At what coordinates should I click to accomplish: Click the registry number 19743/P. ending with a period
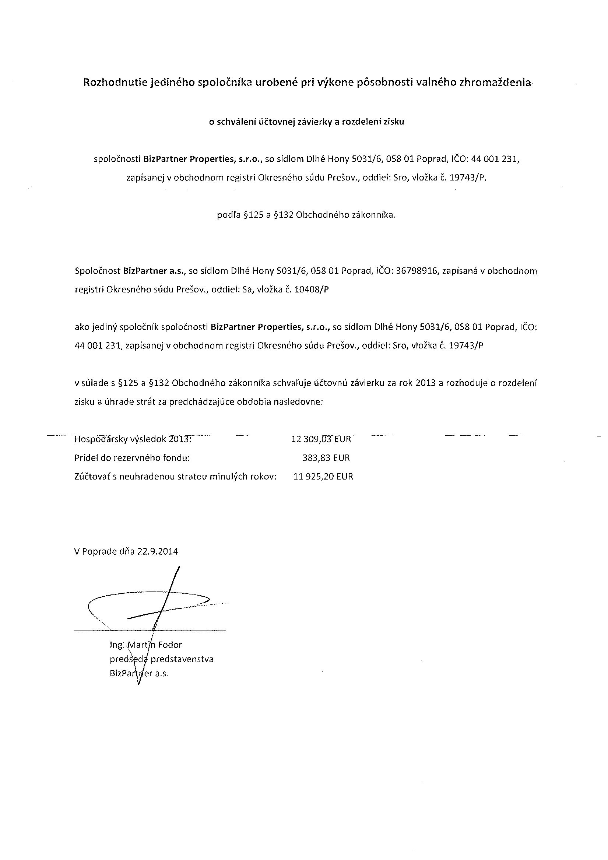468,178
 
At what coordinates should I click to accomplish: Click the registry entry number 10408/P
312,289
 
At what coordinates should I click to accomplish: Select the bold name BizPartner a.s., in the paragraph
155,271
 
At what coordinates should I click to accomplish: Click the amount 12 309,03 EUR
321,439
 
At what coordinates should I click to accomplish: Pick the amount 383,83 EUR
326,458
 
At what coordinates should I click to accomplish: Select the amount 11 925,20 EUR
323,477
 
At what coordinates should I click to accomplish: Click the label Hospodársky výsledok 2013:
133,439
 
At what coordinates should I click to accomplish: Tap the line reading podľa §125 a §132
306,215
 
